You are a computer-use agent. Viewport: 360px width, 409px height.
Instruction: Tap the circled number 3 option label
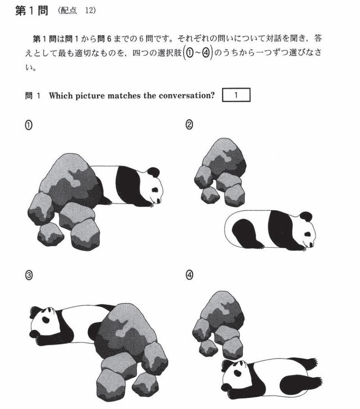pyautogui.click(x=28, y=275)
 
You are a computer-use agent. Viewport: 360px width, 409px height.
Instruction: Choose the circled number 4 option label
pyautogui.click(x=189, y=275)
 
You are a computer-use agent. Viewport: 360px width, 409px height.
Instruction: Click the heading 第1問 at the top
pyautogui.click(x=31, y=11)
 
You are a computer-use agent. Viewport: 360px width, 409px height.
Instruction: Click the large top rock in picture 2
pyautogui.click(x=223, y=157)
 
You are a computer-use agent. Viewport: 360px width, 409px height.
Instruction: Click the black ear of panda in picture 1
pyautogui.click(x=154, y=172)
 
